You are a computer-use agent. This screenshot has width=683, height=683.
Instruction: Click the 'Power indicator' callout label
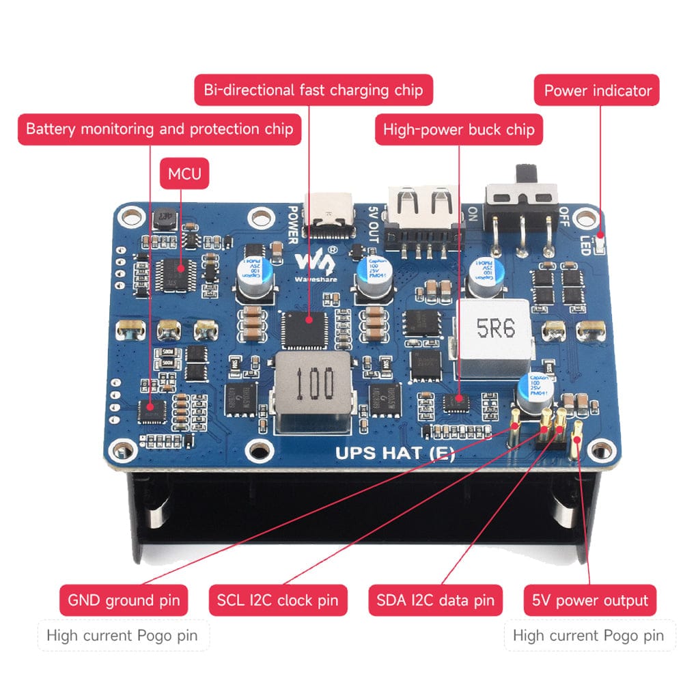(598, 90)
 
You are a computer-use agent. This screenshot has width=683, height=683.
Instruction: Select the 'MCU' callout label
(184, 174)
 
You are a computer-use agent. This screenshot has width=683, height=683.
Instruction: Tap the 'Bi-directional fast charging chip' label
(313, 89)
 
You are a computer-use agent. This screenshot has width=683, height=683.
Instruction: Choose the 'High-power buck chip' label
(459, 129)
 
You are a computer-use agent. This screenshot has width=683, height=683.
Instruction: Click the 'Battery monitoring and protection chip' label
(159, 128)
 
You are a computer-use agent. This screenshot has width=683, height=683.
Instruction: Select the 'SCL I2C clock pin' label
(278, 601)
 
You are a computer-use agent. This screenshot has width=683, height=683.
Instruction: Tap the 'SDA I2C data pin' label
(435, 601)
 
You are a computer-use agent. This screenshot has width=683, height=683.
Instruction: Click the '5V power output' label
(590, 601)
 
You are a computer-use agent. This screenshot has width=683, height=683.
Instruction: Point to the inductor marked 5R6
(496, 338)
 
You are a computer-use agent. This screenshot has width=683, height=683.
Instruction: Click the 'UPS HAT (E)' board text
(395, 453)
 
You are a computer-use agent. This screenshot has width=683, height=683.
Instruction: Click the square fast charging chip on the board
(304, 328)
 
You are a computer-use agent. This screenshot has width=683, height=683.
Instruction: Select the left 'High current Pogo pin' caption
(122, 636)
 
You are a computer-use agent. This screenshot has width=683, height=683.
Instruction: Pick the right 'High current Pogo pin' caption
(588, 636)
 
